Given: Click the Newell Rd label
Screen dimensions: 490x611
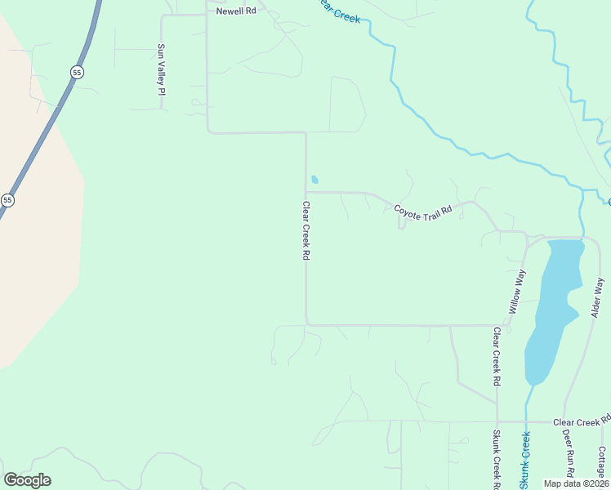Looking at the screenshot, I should pyautogui.click(x=236, y=11).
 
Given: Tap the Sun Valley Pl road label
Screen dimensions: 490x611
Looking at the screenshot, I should pyautogui.click(x=161, y=70).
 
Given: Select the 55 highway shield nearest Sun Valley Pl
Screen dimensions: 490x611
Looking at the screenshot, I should pyautogui.click(x=77, y=73).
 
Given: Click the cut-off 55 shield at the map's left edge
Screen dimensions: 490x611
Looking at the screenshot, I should pyautogui.click(x=7, y=200).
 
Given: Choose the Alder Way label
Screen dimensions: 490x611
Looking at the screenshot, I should pyautogui.click(x=598, y=298).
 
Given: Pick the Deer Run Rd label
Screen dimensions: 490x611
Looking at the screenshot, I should pyautogui.click(x=569, y=456).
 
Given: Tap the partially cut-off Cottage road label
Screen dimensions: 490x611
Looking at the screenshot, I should pyautogui.click(x=602, y=462).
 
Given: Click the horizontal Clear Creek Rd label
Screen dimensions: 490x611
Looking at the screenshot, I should pyautogui.click(x=581, y=422).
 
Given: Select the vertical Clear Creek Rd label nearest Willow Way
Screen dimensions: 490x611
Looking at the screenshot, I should pyautogui.click(x=496, y=356).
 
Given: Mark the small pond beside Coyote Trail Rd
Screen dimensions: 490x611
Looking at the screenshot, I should pyautogui.click(x=314, y=180).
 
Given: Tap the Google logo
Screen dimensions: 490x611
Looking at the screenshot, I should pyautogui.click(x=27, y=480).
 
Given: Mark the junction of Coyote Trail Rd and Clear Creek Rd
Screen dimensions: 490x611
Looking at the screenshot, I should pyautogui.click(x=306, y=193).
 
